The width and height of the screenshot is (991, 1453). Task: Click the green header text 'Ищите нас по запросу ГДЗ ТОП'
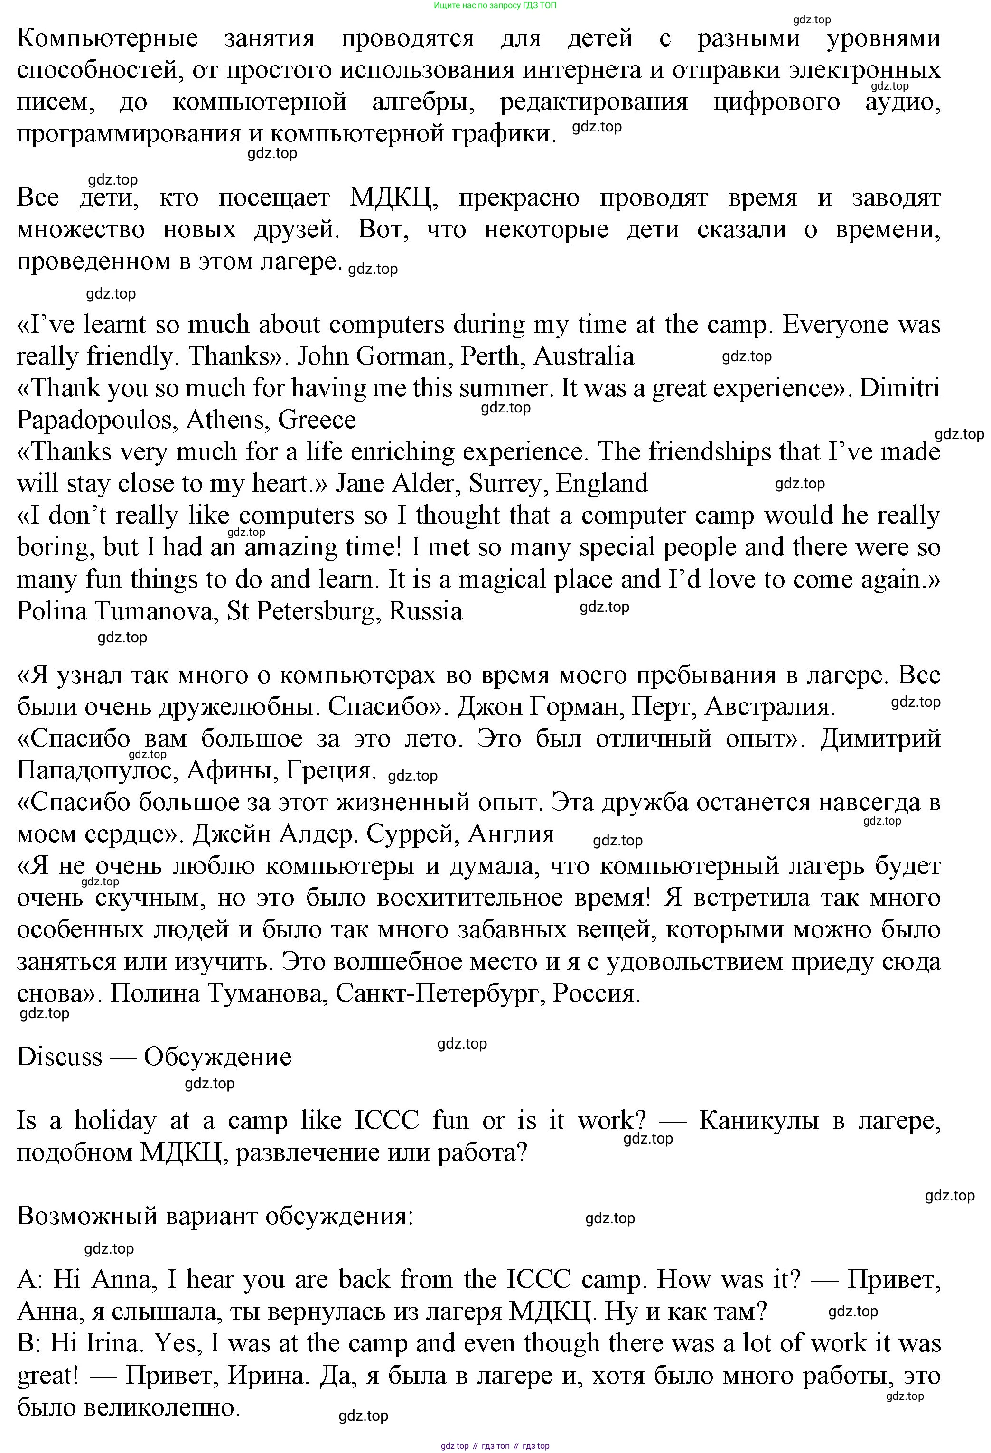pyautogui.click(x=495, y=6)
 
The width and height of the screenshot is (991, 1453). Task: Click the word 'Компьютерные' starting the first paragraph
pyautogui.click(x=107, y=39)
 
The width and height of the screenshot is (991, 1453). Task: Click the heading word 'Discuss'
pyautogui.click(x=59, y=1057)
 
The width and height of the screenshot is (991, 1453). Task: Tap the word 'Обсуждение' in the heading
pyautogui.click(x=217, y=1057)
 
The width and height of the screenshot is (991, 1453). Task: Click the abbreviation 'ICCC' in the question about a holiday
pyautogui.click(x=387, y=1121)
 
